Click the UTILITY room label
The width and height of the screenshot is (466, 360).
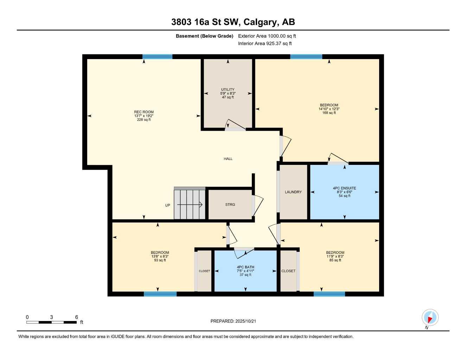[x=228, y=89]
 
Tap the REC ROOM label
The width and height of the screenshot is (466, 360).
[x=144, y=112]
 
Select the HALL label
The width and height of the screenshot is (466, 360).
[x=228, y=159]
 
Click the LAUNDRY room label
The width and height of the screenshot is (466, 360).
[x=293, y=192]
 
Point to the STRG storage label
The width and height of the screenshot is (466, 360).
[x=230, y=205]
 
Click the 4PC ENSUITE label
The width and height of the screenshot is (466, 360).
[x=344, y=188]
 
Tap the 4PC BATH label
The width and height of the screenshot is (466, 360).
[x=245, y=267]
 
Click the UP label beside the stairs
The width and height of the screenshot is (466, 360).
[x=167, y=205]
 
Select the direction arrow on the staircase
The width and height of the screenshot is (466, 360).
[x=190, y=205]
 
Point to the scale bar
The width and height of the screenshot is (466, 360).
[x=51, y=322]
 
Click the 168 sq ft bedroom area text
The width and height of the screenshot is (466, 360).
[x=329, y=113]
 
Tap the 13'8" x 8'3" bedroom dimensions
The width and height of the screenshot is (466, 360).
[x=160, y=256]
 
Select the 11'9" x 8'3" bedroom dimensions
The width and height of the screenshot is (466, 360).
[x=335, y=256]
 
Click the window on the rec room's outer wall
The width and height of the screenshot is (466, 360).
[x=158, y=57]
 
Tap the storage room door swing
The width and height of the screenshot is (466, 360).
[x=257, y=206]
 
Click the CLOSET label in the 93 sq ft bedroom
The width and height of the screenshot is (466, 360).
[x=204, y=271]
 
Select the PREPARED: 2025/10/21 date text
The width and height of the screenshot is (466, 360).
[x=233, y=321]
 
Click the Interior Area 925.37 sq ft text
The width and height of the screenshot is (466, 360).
[x=265, y=44]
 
